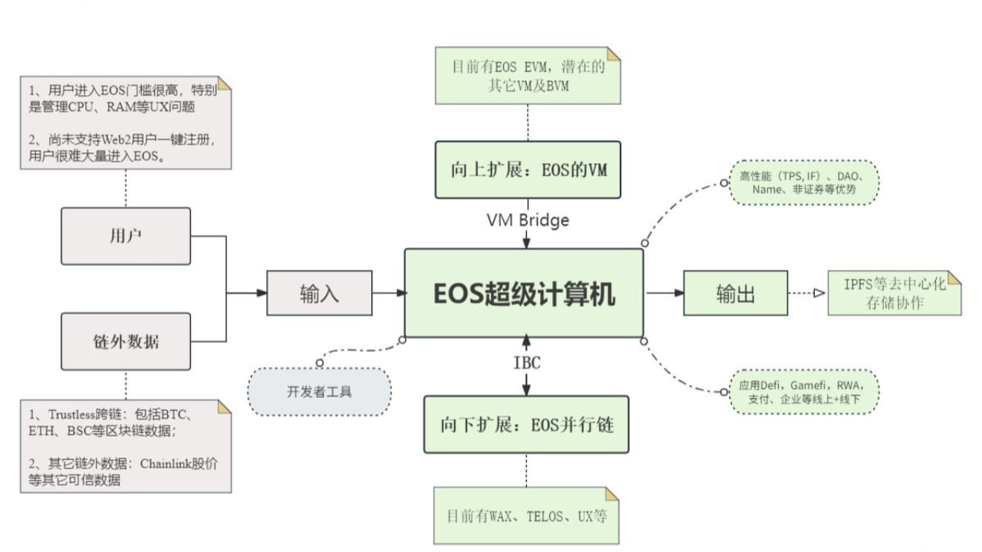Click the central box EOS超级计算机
pos(524,293)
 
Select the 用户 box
pos(126,236)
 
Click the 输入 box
pos(318,293)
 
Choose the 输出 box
pos(735,293)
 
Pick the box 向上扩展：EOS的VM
pos(528,169)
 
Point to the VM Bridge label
pos(528,220)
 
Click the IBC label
pos(527,363)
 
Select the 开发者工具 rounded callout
pos(319,392)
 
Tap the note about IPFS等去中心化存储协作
pos(895,294)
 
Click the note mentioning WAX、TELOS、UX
pos(526,515)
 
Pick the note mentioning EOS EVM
pos(528,76)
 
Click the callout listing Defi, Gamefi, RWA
pos(802,392)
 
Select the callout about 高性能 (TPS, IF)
pos(802,182)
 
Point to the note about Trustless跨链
pos(126,445)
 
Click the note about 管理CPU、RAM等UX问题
pos(126,122)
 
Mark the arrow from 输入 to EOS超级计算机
pos(389,293)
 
